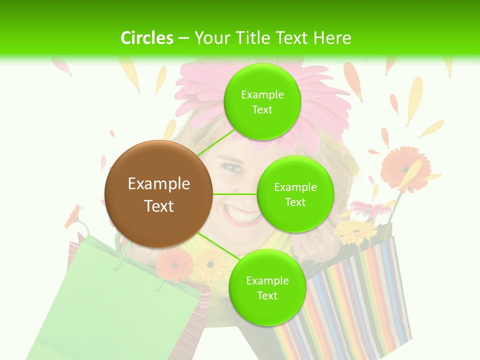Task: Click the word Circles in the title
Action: coord(146,38)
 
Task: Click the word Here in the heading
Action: coord(332,38)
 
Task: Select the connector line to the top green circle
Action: coord(216,142)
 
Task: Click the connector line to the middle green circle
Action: coord(235,194)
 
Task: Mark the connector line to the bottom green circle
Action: coord(215,245)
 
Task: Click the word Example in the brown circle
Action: coord(158,184)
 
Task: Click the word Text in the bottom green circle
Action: coord(267,295)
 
